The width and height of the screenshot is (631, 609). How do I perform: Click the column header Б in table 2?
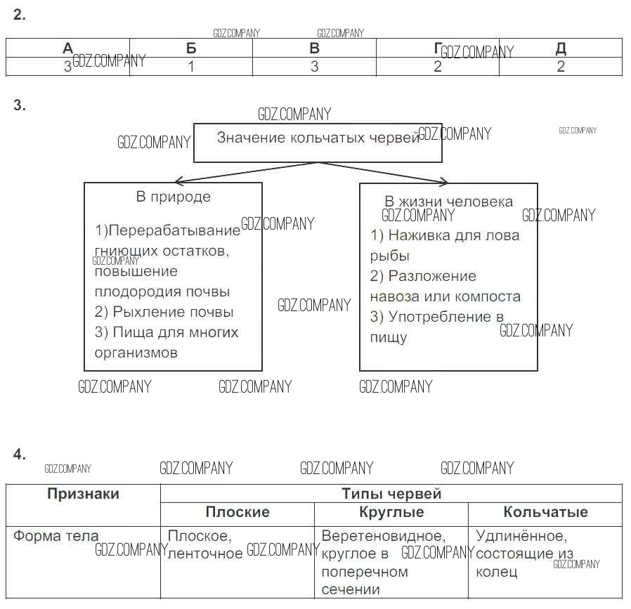coord(191,48)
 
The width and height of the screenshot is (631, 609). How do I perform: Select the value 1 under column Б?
coord(191,67)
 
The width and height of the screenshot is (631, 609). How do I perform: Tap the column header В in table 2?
coord(314,48)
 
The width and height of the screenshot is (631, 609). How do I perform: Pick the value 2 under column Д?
coord(561,67)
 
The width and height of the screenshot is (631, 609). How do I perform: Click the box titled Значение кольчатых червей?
coord(318,143)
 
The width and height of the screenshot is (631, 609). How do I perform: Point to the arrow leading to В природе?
coord(239,172)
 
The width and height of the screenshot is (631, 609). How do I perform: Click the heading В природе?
coord(173,197)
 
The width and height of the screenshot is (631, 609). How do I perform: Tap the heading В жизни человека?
coord(448,202)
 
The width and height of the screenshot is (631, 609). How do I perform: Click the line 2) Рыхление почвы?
coord(164,312)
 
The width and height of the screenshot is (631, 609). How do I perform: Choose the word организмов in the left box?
coord(136,353)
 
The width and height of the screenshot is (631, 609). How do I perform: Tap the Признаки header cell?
coord(83,494)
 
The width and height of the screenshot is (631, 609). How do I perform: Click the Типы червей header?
coord(391,494)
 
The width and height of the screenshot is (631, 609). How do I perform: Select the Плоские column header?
coord(237,512)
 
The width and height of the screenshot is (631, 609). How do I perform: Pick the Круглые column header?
coord(391,512)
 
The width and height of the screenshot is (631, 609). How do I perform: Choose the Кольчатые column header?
coord(545,512)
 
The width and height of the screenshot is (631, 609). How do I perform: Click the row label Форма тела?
coord(56,536)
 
